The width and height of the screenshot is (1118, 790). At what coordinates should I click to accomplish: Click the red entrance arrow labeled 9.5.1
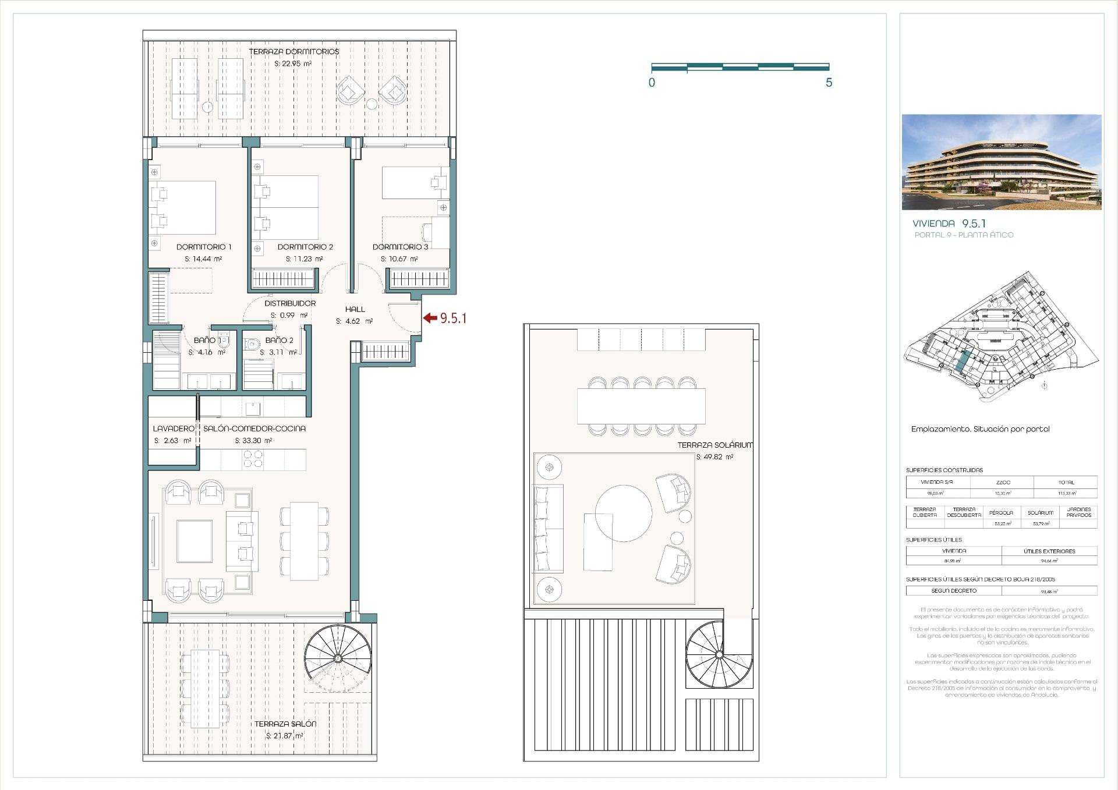430,318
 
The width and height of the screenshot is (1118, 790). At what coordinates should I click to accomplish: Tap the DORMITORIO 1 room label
204,247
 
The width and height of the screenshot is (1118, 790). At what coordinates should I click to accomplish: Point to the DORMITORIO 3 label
400,247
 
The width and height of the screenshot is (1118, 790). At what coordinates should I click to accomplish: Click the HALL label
355,309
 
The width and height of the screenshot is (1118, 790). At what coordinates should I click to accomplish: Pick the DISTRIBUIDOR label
290,303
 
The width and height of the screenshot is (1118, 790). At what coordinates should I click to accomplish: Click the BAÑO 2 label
279,340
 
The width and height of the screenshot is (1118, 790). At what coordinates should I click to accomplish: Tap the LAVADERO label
174,428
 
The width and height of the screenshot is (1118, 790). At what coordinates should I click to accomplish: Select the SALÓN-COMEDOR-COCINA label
254,428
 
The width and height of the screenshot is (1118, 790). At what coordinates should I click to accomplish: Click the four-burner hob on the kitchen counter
253,459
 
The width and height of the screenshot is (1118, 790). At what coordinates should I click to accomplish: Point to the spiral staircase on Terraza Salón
338,657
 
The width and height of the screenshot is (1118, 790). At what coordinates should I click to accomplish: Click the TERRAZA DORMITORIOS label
294,52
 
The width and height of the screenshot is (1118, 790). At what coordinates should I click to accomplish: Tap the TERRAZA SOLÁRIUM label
714,445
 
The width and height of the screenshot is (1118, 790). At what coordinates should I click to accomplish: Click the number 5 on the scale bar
829,83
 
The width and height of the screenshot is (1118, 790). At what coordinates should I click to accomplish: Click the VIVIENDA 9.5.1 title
949,224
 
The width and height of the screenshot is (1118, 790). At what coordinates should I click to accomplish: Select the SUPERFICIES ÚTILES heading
933,540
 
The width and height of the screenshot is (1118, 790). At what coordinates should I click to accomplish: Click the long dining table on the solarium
641,406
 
